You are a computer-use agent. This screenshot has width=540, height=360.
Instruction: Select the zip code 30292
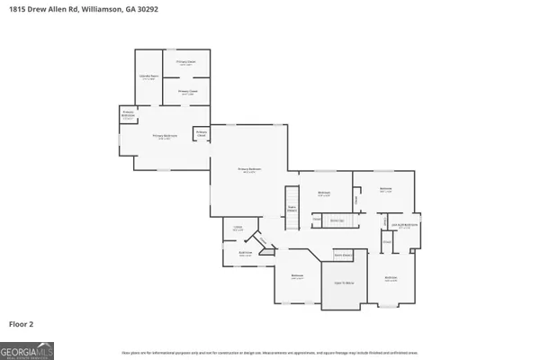coord(162,12)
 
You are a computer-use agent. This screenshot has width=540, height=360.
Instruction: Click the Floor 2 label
coord(22,322)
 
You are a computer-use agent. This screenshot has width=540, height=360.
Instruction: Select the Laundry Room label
coord(148,77)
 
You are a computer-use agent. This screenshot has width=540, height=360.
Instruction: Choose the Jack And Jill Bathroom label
coord(404,226)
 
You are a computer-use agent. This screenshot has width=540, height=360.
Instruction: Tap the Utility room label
coord(238,228)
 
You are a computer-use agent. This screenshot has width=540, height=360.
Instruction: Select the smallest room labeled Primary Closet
coord(202,134)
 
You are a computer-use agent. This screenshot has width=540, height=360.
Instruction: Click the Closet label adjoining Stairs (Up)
coord(317,220)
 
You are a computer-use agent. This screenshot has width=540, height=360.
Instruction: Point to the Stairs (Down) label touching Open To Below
coord(341,256)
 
